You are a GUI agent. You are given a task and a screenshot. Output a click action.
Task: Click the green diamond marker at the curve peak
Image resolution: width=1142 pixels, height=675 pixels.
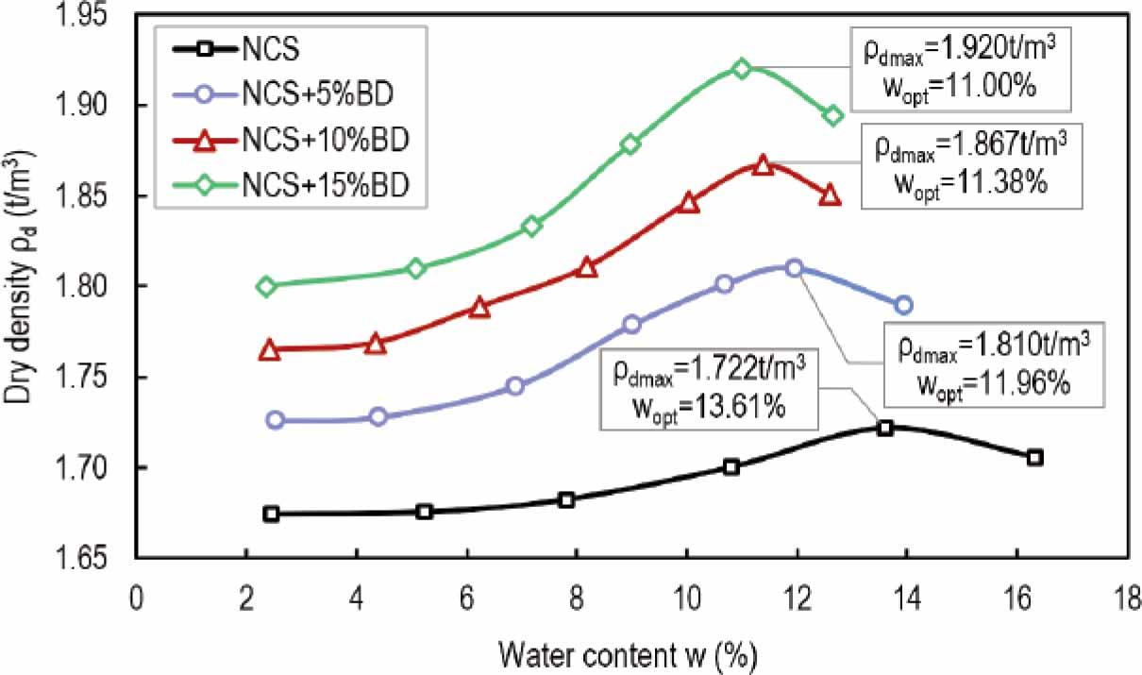[742, 68]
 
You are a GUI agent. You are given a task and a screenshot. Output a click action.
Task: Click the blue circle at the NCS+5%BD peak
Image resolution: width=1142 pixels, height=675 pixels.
[795, 268]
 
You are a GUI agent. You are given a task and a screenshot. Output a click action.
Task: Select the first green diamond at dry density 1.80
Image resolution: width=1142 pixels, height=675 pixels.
[266, 286]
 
